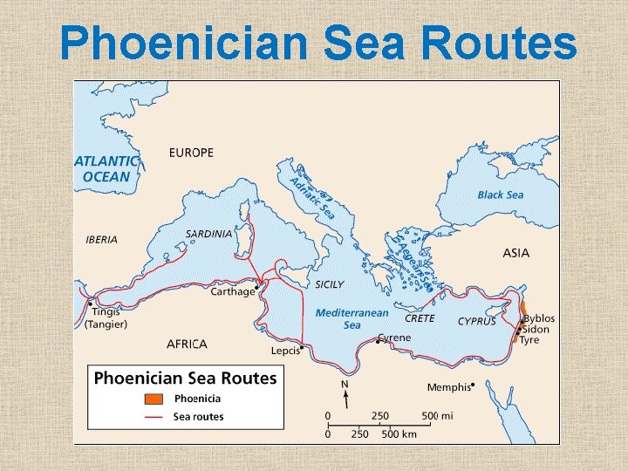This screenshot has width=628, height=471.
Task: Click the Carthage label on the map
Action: pyautogui.click(x=232, y=292)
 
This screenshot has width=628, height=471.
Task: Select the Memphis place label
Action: pyautogui.click(x=448, y=387)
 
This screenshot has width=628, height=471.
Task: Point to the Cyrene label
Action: pyautogui.click(x=394, y=338)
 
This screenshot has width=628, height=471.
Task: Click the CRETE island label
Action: pyautogui.click(x=420, y=319)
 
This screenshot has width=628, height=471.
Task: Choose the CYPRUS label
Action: pyautogui.click(x=477, y=321)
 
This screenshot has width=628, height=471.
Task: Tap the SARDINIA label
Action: pyautogui.click(x=209, y=234)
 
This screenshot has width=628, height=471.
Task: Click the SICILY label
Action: pyautogui.click(x=330, y=284)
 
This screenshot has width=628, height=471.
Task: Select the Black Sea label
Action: pyautogui.click(x=501, y=195)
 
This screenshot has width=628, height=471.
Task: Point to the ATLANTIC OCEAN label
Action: pyautogui.click(x=106, y=169)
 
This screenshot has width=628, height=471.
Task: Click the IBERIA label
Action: pyautogui.click(x=101, y=240)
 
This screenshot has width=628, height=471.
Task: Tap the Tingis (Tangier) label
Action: pyautogui.click(x=106, y=318)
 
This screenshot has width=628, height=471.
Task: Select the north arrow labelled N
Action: pyautogui.click(x=345, y=394)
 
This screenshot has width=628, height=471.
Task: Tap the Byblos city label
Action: pyautogui.click(x=539, y=318)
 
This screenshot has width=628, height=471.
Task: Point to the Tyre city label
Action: pyautogui.click(x=529, y=340)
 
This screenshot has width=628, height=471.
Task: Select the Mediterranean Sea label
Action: pyautogui.click(x=352, y=318)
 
